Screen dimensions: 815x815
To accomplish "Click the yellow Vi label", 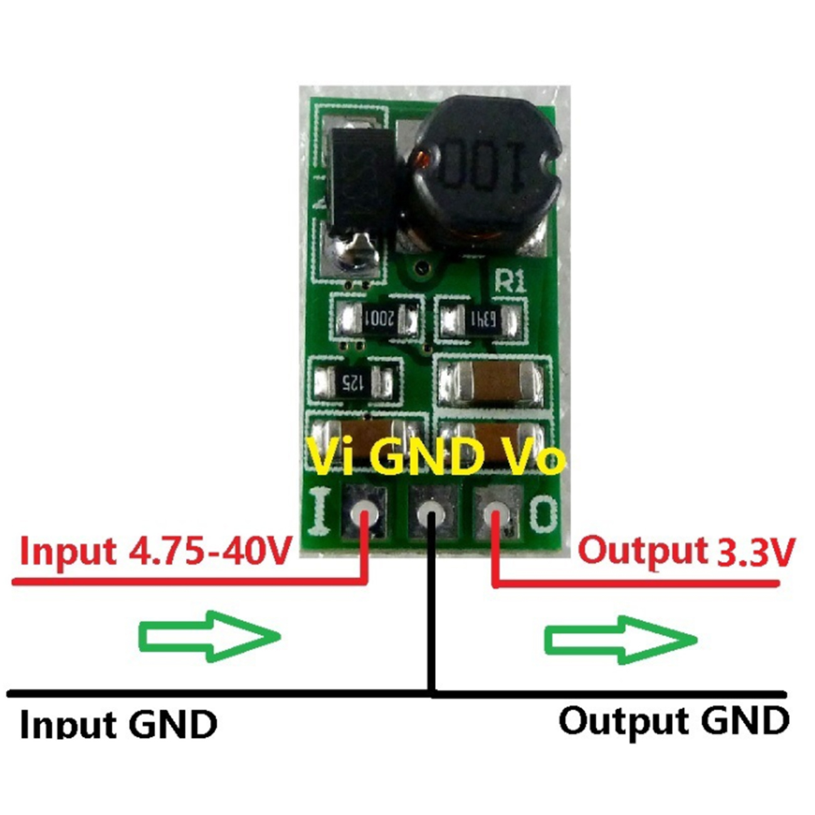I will (x=331, y=456).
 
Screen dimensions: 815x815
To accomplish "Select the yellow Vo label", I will (x=533, y=457).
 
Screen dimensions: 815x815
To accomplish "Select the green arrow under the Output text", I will (x=620, y=639).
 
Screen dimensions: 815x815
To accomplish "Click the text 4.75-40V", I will (x=210, y=552).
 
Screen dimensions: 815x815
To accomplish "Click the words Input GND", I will (x=118, y=724).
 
